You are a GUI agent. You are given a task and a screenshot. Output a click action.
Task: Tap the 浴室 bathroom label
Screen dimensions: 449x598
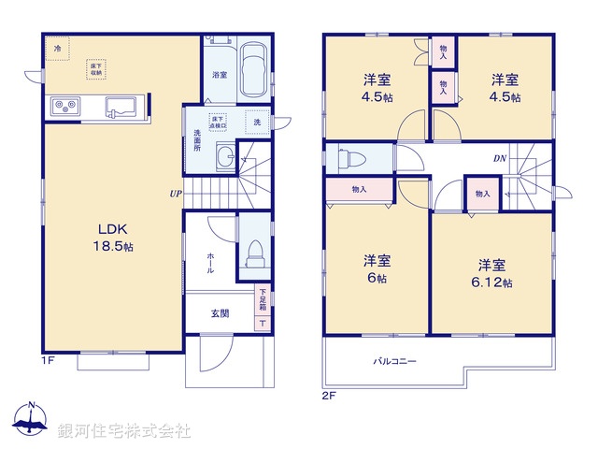coord(220,75)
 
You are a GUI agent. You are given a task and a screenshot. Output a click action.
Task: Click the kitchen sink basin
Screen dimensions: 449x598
coord(121,105)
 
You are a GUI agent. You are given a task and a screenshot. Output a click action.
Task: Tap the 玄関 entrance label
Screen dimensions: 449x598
coord(220,313)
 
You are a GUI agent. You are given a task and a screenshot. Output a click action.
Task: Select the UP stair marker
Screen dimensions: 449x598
coord(176,195)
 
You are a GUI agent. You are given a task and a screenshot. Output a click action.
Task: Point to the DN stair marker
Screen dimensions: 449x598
coord(499,158)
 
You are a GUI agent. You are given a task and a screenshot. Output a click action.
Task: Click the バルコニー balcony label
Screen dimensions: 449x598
coord(395,361)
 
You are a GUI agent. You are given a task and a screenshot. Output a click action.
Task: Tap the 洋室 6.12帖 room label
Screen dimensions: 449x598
coord(492,272)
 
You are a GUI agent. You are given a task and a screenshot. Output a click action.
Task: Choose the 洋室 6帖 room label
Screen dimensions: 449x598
coord(377,268)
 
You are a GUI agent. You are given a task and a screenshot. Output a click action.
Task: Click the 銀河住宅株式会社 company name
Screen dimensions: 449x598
coord(124,431)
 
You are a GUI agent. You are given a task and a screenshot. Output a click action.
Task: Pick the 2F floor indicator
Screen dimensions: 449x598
coord(328,396)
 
